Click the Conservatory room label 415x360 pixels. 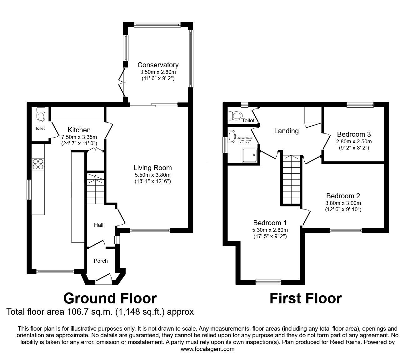point(158,65)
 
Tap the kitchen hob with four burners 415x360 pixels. point(38,164)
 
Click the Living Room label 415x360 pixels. point(152,168)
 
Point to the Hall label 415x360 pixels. point(99,225)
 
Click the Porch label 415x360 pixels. point(101,261)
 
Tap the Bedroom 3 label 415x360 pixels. point(354,134)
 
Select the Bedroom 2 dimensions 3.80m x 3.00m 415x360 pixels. point(343,203)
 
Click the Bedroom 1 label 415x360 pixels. point(270,223)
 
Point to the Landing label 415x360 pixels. point(286,131)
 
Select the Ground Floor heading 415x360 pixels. point(110,298)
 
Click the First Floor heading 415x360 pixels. point(305,298)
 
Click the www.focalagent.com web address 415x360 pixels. point(207,349)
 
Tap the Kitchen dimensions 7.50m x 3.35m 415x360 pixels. point(79,137)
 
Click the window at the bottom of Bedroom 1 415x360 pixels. point(268,282)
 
